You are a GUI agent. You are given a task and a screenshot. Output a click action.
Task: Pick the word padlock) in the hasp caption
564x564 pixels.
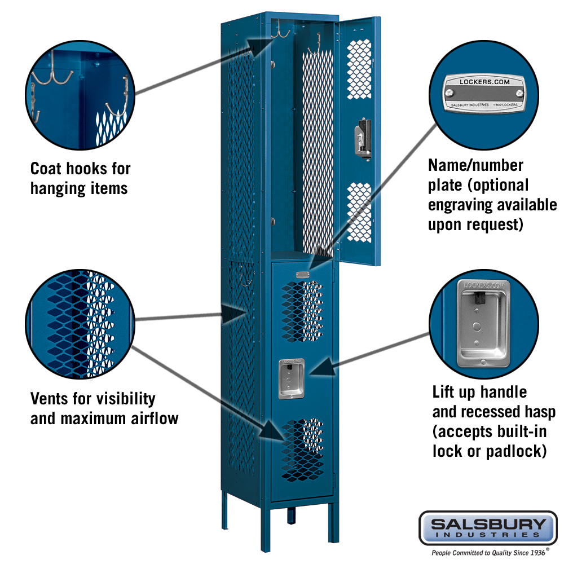pos(515,451)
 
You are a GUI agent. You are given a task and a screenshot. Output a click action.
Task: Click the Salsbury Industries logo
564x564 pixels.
pos(487,528)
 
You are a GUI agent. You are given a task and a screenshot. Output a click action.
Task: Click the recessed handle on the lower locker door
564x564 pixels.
pos(292,377)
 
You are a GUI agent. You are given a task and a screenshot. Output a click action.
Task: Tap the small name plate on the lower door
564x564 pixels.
pos(303,275)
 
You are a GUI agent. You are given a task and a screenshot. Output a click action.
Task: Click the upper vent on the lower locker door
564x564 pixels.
pos(302,312)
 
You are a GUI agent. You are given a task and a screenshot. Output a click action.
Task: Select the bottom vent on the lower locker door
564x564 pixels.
pos(302,450)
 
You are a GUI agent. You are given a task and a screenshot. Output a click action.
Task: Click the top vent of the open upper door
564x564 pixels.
pos(360,68)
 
